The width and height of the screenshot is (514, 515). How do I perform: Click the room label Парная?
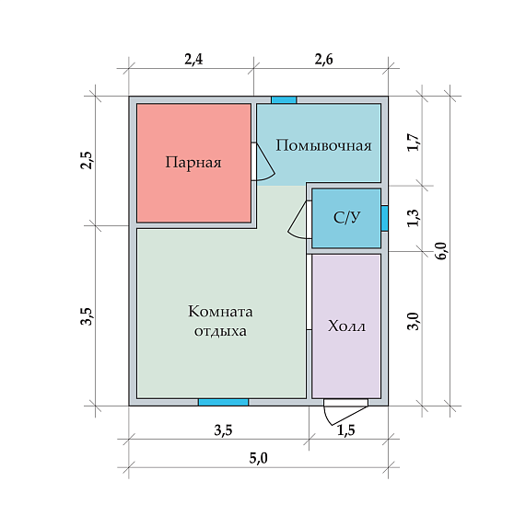[193, 163]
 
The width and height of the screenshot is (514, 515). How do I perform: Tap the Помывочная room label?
[323, 145]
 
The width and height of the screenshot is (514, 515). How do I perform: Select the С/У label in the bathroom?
[347, 217]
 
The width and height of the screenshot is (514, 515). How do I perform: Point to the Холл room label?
[346, 326]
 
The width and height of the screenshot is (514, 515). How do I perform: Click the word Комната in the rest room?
[220, 312]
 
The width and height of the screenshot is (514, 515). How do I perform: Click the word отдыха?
[220, 331]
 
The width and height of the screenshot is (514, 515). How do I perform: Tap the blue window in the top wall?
[284, 100]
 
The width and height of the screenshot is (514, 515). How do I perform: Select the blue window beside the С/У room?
[384, 218]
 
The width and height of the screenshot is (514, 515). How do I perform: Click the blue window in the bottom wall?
[223, 403]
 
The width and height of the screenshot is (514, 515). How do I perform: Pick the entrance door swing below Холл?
[345, 412]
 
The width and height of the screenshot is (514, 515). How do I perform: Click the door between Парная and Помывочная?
[263, 162]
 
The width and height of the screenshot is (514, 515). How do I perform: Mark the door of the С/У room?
[299, 220]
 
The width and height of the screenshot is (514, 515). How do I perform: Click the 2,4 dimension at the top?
[193, 60]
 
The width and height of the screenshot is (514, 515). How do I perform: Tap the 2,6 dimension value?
[324, 60]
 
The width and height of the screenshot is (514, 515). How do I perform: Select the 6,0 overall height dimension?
[441, 251]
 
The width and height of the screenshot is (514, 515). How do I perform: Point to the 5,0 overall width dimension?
[258, 458]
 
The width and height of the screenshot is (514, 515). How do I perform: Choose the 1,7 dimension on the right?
[414, 142]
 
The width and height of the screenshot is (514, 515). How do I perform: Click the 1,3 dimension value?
[414, 218]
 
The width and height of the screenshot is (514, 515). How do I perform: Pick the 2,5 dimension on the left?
[88, 160]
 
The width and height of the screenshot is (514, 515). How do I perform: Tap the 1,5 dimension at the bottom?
[346, 430]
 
